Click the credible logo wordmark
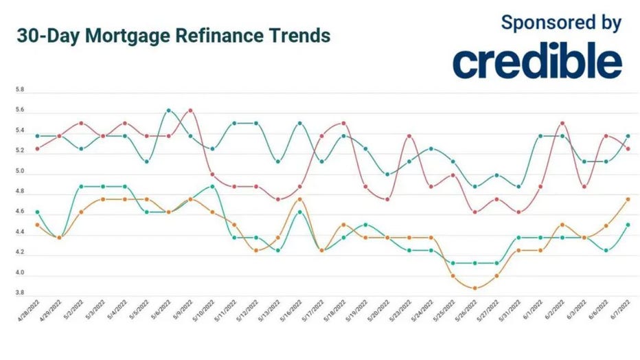pos(537,61)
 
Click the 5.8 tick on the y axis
pos(20,90)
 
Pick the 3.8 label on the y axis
pos(20,293)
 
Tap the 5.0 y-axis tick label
pos(20,171)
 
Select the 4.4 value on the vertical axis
pos(20,232)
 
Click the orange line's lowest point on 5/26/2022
pos(475,288)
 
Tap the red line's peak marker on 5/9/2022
pos(190,110)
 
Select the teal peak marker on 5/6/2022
pos(169,110)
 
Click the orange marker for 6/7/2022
pos(628,199)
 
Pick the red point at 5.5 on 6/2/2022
pos(562,123)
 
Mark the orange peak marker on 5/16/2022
pos(299,199)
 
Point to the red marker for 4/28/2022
pos(37,148)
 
